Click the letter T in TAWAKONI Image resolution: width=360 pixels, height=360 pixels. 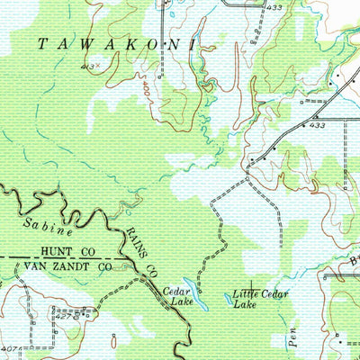[42, 42]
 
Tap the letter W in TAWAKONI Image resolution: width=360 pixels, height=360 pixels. [90, 42]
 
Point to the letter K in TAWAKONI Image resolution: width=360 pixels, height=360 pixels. [137, 42]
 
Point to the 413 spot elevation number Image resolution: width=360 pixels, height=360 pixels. [87, 67]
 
